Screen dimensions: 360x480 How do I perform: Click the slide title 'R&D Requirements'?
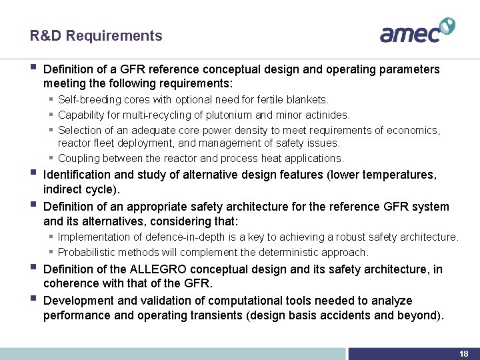(96, 36)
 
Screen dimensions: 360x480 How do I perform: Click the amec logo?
(417, 31)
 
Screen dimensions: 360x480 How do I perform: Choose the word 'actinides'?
(325, 115)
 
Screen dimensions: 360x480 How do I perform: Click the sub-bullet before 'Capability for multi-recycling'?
(51, 115)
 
